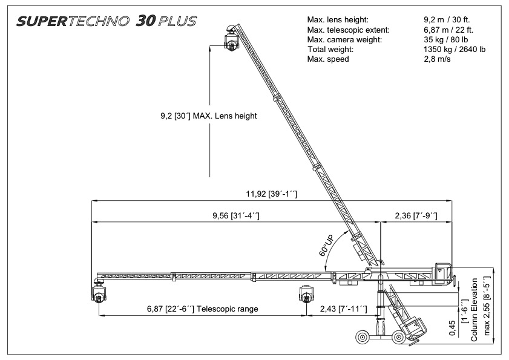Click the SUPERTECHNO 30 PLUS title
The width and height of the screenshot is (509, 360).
[x=106, y=21]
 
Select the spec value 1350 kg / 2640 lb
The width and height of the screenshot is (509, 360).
[x=455, y=50]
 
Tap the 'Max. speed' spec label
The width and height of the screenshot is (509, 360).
[x=328, y=59]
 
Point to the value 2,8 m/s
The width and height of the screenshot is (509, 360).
[x=437, y=59]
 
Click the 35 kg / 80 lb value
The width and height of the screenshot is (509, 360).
[x=445, y=39]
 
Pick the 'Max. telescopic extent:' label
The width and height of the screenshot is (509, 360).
[x=349, y=30]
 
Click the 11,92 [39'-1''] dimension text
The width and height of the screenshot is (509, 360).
[x=271, y=194]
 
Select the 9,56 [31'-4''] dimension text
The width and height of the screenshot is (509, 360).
[x=236, y=215]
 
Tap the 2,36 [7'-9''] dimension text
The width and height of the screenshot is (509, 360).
[x=416, y=215]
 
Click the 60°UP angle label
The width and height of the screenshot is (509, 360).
[x=326, y=245]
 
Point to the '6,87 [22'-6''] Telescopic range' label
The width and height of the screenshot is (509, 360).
[x=203, y=309]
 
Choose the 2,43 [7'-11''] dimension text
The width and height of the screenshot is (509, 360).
[x=343, y=309]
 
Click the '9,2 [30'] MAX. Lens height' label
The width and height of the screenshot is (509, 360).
[x=209, y=116]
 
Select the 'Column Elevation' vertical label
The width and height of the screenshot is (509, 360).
[x=475, y=310]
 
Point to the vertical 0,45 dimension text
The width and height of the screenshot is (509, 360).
[x=452, y=329]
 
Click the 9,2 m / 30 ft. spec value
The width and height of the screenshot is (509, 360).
[x=447, y=20]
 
